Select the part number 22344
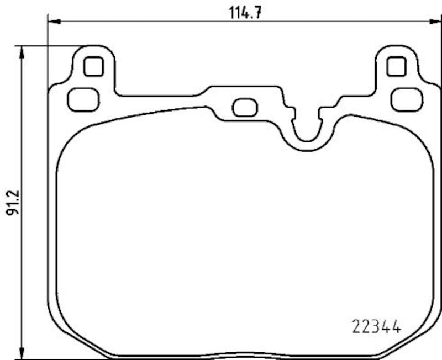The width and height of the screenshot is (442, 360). [376, 326]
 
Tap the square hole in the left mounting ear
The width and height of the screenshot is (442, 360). [93, 67]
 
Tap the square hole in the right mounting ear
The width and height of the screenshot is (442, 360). [396, 67]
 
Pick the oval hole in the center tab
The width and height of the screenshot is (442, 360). [244, 107]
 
